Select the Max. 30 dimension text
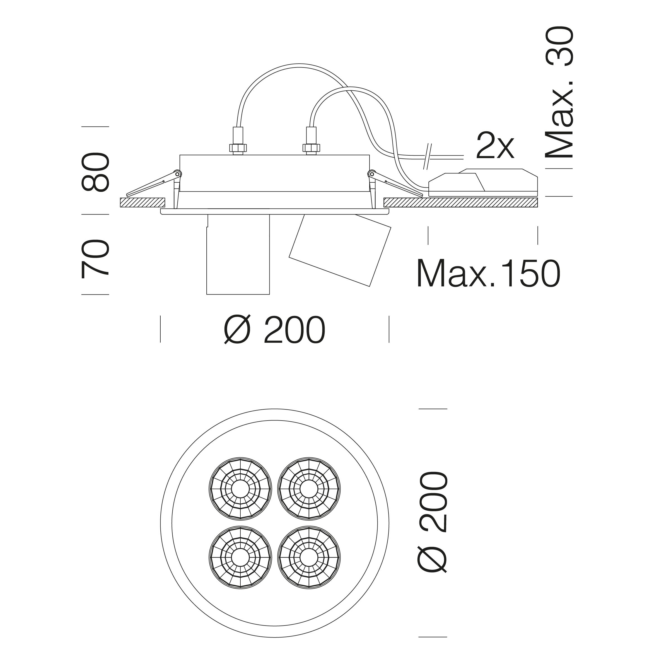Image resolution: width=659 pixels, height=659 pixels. pos(559,93)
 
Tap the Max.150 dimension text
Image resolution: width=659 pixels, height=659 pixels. pos(488,274)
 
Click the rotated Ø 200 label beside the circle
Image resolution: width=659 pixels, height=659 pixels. pos(432,522)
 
